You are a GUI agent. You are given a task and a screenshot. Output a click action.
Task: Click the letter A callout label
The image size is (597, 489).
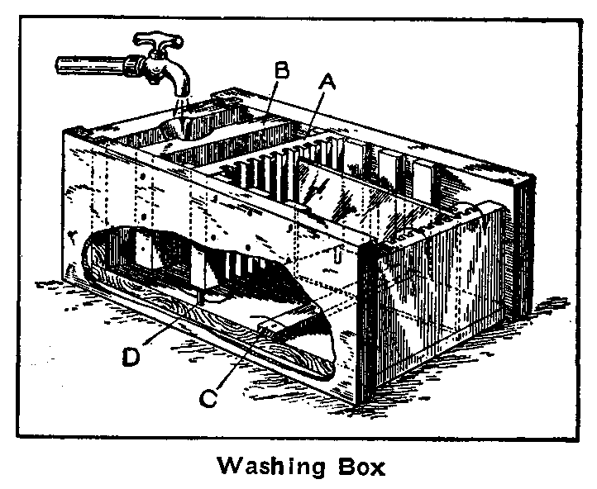[327, 81]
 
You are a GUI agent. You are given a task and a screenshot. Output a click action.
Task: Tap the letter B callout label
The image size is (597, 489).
[280, 72]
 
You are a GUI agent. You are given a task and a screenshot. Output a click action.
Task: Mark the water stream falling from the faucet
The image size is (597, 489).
[180, 107]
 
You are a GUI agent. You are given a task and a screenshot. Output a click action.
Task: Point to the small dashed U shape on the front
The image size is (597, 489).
[337, 258]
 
